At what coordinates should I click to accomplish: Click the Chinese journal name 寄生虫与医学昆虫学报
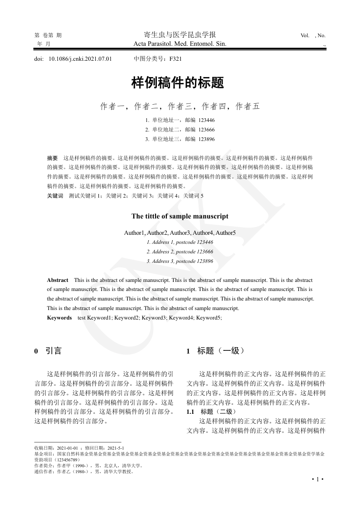(180, 35)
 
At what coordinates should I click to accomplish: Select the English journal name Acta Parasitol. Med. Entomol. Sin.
(180, 44)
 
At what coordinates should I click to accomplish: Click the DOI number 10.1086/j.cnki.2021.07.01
(80, 58)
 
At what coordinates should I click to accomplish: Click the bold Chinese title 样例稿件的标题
(178, 83)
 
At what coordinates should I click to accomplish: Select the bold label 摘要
(53, 158)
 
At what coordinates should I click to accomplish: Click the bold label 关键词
(55, 195)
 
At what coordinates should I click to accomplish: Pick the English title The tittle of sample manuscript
(180, 216)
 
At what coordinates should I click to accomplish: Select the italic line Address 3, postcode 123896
(180, 261)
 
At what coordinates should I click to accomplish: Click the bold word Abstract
(58, 281)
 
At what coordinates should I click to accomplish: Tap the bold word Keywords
(59, 318)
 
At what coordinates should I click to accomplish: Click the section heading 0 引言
(48, 351)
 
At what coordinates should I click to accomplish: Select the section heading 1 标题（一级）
(216, 351)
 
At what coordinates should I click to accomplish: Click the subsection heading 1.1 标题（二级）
(211, 412)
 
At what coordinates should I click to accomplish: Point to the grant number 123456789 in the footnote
(68, 459)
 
